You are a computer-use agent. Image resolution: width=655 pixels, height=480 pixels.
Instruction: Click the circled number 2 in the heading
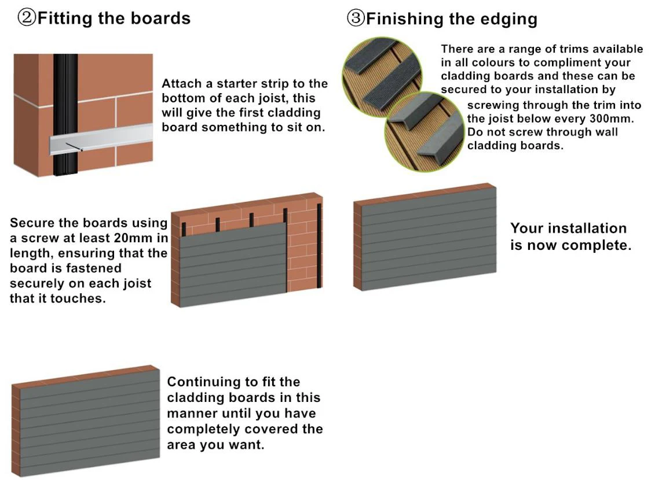point(27,18)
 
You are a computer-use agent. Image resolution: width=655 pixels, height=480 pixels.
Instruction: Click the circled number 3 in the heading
point(356,19)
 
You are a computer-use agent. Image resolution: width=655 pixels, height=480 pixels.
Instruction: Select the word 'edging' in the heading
point(508,19)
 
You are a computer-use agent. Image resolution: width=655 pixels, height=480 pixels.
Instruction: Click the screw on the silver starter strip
point(81,150)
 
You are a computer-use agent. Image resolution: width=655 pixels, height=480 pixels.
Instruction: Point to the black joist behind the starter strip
point(65,87)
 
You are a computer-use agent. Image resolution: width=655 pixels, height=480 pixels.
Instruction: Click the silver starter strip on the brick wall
point(116,139)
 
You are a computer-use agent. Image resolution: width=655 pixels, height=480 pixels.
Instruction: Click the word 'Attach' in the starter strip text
point(181,84)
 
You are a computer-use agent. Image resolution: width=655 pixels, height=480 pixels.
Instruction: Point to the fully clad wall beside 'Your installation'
point(426,237)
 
